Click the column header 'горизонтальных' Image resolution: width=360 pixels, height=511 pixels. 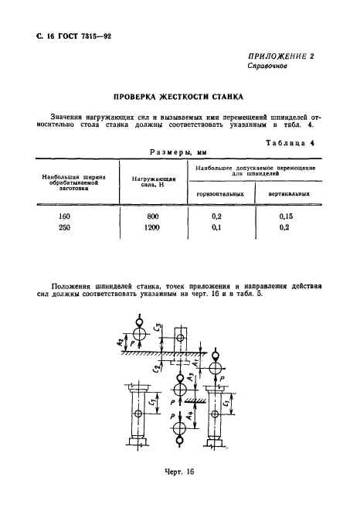(x=220, y=194)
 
